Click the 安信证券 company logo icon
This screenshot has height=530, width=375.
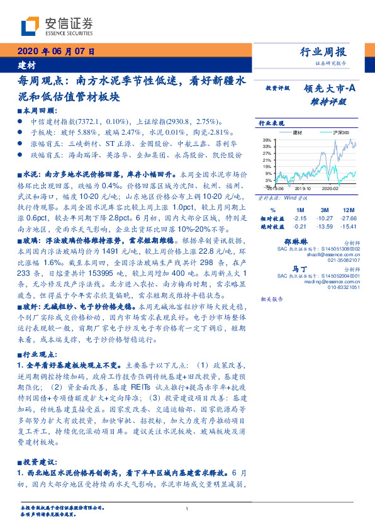pyautogui.click(x=30, y=26)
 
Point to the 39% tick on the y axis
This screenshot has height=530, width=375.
pyautogui.click(x=267, y=140)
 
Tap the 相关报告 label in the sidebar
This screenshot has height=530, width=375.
pyautogui.click(x=262, y=299)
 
